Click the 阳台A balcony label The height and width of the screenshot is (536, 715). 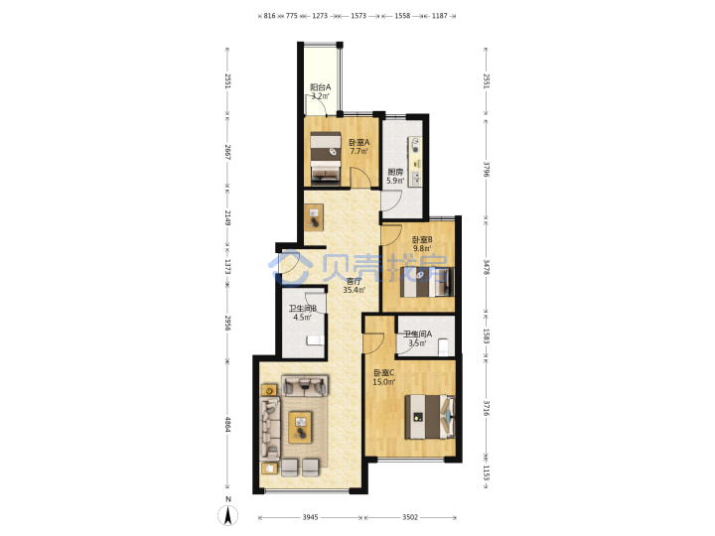click(320, 87)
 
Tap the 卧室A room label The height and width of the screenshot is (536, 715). click(358, 142)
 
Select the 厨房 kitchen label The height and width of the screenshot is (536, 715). click(395, 173)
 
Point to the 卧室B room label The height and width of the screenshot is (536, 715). click(422, 240)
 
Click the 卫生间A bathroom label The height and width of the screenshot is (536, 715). click(418, 335)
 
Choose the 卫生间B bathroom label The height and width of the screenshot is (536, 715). click(303, 309)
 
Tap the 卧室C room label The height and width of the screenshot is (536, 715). click(384, 373)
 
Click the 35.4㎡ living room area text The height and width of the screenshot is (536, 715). click(354, 290)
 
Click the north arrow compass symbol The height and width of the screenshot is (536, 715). click(228, 515)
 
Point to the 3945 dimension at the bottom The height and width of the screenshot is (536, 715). click(310, 517)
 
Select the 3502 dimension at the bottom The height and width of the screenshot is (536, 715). click(410, 517)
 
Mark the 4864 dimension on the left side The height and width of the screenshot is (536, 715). click(228, 425)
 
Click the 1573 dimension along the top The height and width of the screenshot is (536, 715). click(358, 16)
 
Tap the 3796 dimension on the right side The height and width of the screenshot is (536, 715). click(486, 169)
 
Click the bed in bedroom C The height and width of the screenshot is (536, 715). click(430, 417)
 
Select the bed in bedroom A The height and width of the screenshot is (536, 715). click(326, 158)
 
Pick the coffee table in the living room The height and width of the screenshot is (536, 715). click(301, 427)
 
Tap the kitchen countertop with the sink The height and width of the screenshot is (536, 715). click(415, 161)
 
